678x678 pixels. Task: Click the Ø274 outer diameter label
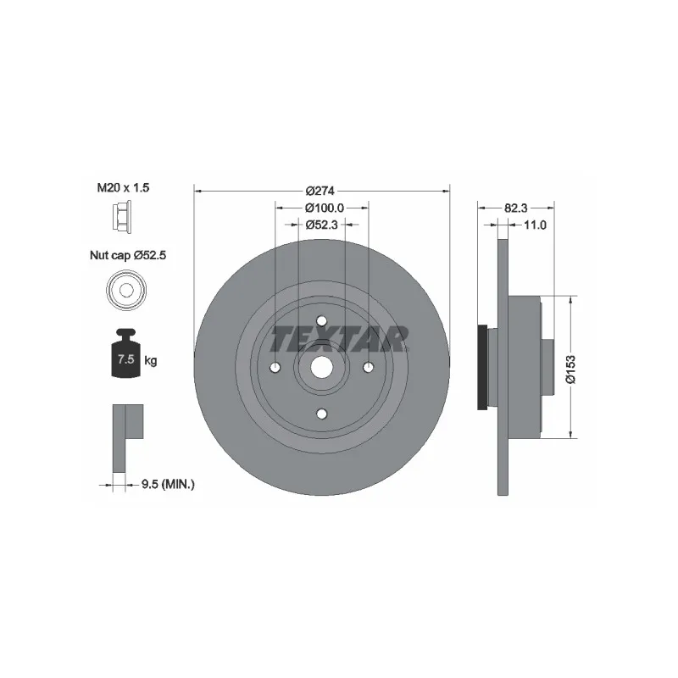point(320,191)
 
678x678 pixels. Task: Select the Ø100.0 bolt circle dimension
point(325,208)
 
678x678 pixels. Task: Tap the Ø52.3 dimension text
point(321,225)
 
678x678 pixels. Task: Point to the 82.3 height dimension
point(515,208)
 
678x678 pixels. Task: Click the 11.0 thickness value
point(535,225)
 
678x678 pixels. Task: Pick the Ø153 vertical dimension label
point(570,369)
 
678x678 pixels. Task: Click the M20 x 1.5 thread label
point(123,187)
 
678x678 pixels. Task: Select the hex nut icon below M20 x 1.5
point(122,218)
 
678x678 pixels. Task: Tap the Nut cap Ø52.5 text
point(128,255)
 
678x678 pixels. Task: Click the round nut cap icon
point(126,290)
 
